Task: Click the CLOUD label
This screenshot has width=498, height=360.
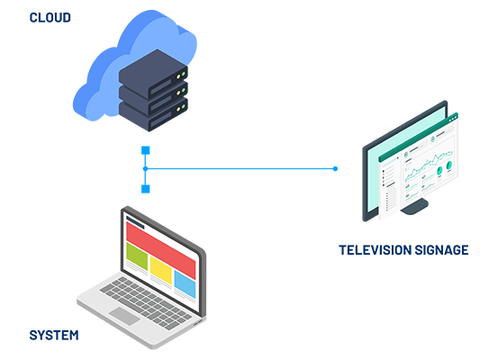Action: tap(50, 18)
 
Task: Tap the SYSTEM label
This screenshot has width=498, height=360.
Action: tap(54, 335)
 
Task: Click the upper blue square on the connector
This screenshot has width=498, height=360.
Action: tap(146, 150)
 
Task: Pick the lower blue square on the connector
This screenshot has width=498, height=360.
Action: tap(146, 189)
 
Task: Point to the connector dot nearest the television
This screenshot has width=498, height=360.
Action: tap(335, 168)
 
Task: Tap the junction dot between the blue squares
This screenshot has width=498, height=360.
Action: tap(146, 168)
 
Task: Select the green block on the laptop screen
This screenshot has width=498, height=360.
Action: tap(137, 256)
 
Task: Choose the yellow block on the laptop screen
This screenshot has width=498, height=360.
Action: tap(160, 269)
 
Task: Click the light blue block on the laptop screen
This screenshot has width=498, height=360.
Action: tap(185, 283)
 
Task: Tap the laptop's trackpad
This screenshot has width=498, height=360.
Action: tap(125, 316)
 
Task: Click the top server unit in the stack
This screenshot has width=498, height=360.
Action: tap(153, 74)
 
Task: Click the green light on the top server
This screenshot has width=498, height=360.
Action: tap(183, 74)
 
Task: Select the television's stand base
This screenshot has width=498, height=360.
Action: tap(414, 207)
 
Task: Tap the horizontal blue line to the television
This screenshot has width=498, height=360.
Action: tap(240, 168)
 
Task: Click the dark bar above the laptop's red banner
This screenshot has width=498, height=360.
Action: tap(135, 222)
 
